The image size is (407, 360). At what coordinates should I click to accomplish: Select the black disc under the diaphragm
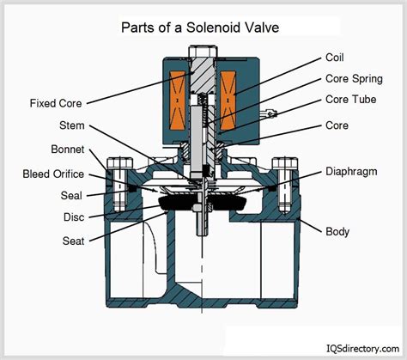coord(203,203)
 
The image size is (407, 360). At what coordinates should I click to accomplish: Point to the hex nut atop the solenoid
coord(203,65)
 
